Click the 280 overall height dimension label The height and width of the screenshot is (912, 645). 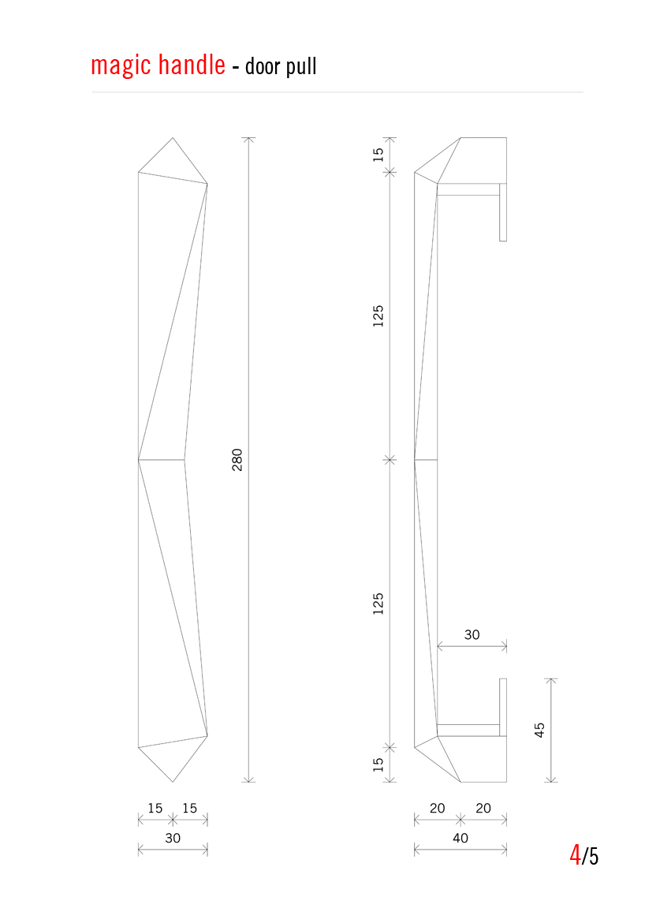237,459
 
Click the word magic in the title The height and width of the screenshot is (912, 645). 121,65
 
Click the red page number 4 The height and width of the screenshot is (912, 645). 575,855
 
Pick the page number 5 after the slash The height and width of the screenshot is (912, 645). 593,856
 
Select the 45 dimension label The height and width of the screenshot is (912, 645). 540,730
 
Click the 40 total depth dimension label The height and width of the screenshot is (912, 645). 460,838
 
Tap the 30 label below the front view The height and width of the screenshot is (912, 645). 173,838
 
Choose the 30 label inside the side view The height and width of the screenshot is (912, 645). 472,634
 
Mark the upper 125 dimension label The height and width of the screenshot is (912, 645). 378,316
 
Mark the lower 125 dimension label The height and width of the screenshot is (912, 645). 378,604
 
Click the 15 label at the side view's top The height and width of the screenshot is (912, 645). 378,154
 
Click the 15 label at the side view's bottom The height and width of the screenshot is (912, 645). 378,764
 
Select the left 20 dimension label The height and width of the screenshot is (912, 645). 437,808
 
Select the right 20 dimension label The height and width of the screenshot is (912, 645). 483,808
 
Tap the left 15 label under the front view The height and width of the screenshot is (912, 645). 155,808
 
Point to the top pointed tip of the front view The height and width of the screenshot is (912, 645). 173,139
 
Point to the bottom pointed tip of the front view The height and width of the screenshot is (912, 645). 173,781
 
